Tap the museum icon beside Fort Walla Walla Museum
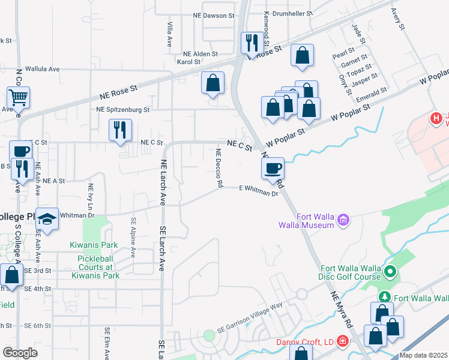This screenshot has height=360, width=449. pos(343,220)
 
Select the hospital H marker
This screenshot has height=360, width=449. pos(436,119)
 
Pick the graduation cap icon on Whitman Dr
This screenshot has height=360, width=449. pos(47,218)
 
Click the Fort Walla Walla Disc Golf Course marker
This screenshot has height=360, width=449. pos(391,273)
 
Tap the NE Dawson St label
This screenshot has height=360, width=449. pos(214,15)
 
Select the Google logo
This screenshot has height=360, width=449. pos(20,353)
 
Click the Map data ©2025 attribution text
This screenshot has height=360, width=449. pos(423,355)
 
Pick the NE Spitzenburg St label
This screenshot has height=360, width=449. pos(123,110)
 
